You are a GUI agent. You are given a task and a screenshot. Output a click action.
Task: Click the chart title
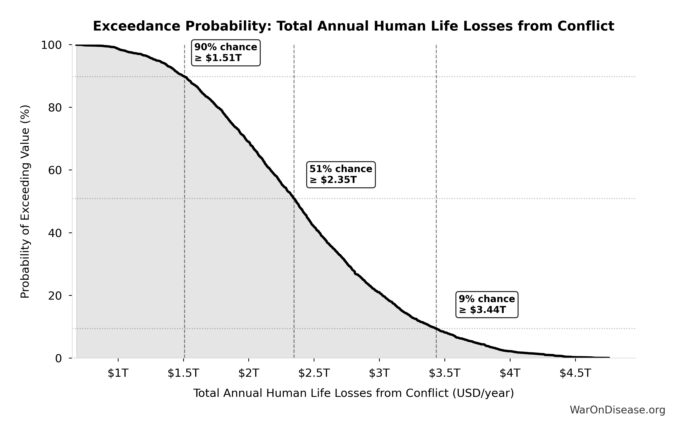click(353, 26)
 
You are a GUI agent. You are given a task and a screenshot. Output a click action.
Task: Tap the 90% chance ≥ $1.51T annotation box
click(226, 53)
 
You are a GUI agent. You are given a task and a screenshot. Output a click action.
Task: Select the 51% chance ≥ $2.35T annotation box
click(341, 175)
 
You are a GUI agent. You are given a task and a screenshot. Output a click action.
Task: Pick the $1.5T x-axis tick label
click(183, 373)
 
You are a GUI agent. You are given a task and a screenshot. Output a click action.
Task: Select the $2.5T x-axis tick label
click(314, 373)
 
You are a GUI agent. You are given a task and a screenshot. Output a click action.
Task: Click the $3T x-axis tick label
click(379, 373)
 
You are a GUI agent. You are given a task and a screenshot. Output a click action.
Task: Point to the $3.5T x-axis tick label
click(445, 373)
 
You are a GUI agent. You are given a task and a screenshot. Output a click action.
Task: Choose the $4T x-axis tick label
click(510, 373)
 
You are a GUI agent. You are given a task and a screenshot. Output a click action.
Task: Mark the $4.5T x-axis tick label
click(575, 373)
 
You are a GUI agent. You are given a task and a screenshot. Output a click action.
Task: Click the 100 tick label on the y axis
click(52, 45)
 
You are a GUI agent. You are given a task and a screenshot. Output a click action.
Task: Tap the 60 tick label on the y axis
click(55, 170)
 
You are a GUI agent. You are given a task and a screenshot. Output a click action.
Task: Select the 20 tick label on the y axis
click(55, 296)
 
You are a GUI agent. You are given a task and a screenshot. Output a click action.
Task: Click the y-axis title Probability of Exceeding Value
click(25, 202)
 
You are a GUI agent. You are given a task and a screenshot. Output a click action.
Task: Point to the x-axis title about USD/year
click(354, 393)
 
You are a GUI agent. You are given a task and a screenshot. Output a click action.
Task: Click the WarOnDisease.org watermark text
click(617, 410)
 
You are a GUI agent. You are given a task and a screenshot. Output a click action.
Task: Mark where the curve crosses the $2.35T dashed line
click(294, 199)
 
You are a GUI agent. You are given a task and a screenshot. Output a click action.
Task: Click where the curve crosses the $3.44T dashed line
click(436, 329)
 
